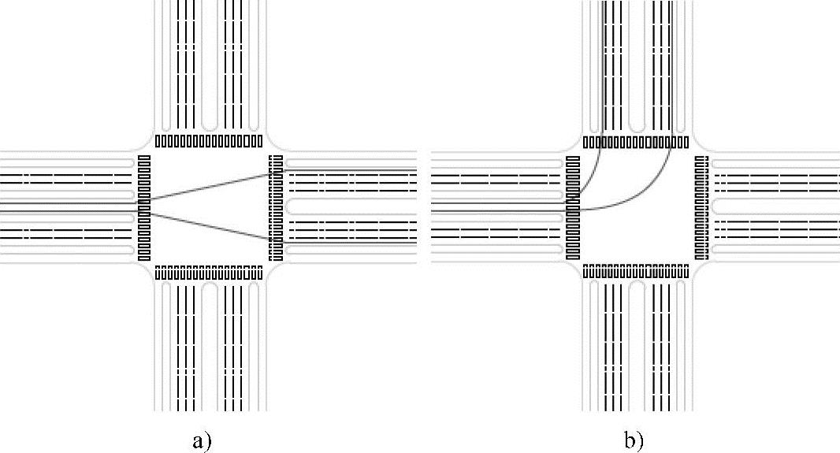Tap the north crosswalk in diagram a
click(x=209, y=141)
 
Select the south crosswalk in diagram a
click(x=209, y=273)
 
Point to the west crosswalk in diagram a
click(x=143, y=207)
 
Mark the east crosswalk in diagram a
click(x=275, y=207)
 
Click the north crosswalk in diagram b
click(x=637, y=143)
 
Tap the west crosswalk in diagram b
click(x=572, y=207)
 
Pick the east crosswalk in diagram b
click(x=702, y=207)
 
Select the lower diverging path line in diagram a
click(x=209, y=225)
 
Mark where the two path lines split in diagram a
click(x=146, y=202)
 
